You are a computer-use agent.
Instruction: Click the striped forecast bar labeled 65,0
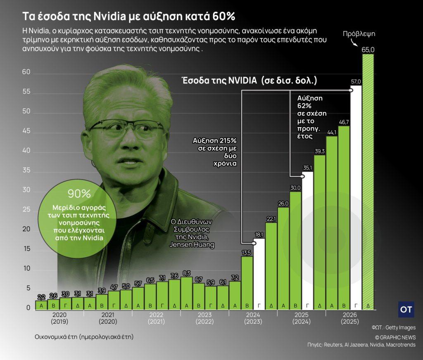[x=368, y=182]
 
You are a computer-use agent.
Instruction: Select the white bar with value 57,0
[x=356, y=198]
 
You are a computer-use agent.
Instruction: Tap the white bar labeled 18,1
[x=259, y=275]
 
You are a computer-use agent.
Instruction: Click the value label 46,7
[x=344, y=122]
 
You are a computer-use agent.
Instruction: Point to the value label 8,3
[x=186, y=273]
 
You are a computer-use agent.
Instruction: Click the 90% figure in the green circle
[x=79, y=193]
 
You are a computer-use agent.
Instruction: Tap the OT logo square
[x=406, y=310]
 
